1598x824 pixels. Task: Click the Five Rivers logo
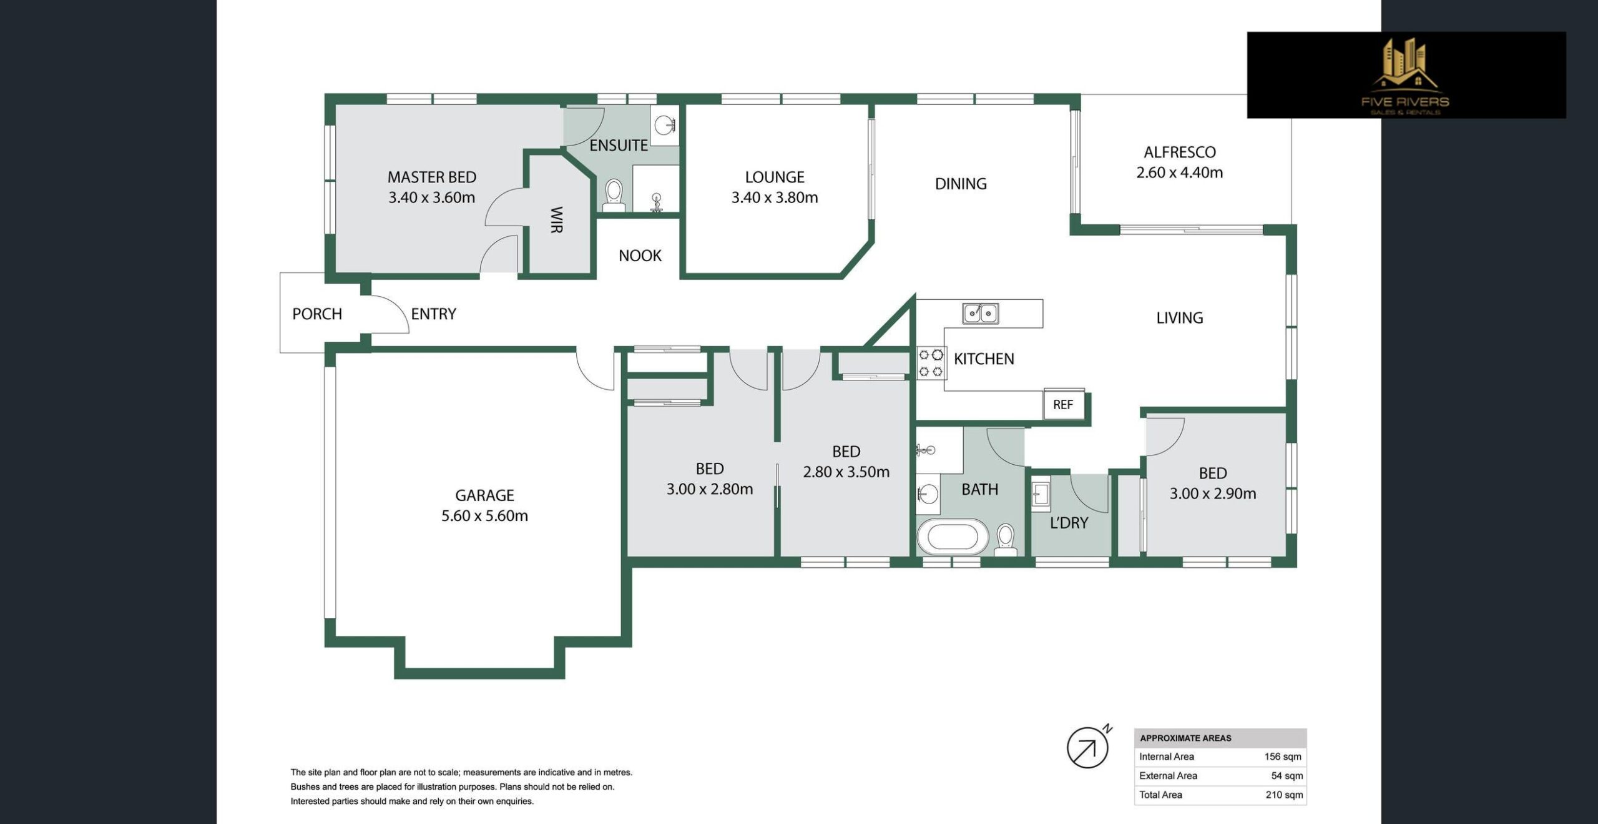tap(1406, 75)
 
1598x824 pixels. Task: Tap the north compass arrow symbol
tap(1089, 747)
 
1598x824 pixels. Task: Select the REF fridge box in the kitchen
tap(1063, 404)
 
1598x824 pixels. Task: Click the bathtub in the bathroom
tap(953, 537)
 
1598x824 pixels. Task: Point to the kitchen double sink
tap(980, 313)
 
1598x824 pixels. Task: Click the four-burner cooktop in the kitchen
tap(931, 364)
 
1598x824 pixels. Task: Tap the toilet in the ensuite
tap(614, 196)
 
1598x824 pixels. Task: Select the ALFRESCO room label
tap(1179, 152)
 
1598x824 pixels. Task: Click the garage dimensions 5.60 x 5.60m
tap(484, 516)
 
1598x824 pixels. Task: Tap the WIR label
tap(557, 220)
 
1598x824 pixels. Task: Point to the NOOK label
tap(640, 255)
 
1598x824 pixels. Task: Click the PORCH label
tap(317, 314)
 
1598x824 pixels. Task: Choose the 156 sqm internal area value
tap(1283, 757)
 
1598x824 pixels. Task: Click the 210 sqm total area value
tap(1285, 795)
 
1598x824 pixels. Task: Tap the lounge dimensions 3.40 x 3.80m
tap(775, 197)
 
